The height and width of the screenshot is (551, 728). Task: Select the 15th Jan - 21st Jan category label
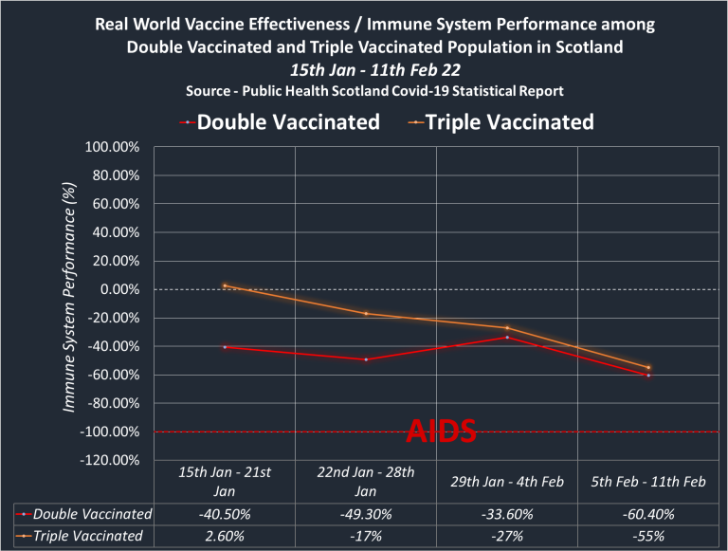click(x=226, y=482)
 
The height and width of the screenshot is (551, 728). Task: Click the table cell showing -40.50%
click(x=226, y=514)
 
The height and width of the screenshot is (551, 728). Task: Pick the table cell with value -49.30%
click(x=365, y=514)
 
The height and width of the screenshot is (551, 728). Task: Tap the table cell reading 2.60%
click(x=226, y=535)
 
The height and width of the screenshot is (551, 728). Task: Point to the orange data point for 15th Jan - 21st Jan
click(x=226, y=285)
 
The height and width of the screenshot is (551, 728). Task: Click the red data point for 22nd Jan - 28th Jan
click(x=365, y=359)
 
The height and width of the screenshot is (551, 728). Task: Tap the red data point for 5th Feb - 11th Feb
click(x=648, y=376)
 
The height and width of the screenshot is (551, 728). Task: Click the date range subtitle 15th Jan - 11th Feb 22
click(x=363, y=70)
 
